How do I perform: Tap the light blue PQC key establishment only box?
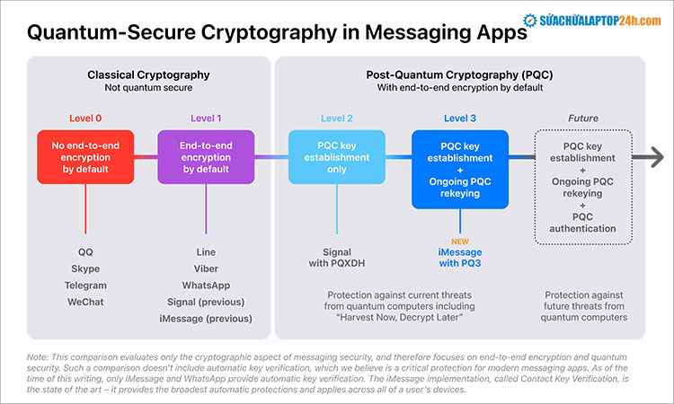(335, 157)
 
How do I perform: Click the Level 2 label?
(337, 118)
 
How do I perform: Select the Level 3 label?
(460, 118)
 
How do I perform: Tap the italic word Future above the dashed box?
(583, 118)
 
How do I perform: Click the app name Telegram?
(85, 285)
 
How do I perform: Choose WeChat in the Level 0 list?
(85, 302)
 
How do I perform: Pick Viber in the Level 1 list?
(206, 268)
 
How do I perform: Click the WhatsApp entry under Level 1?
(206, 285)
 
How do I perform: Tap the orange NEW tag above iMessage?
(460, 240)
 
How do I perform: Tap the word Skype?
(85, 268)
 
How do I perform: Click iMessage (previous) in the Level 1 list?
(206, 319)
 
